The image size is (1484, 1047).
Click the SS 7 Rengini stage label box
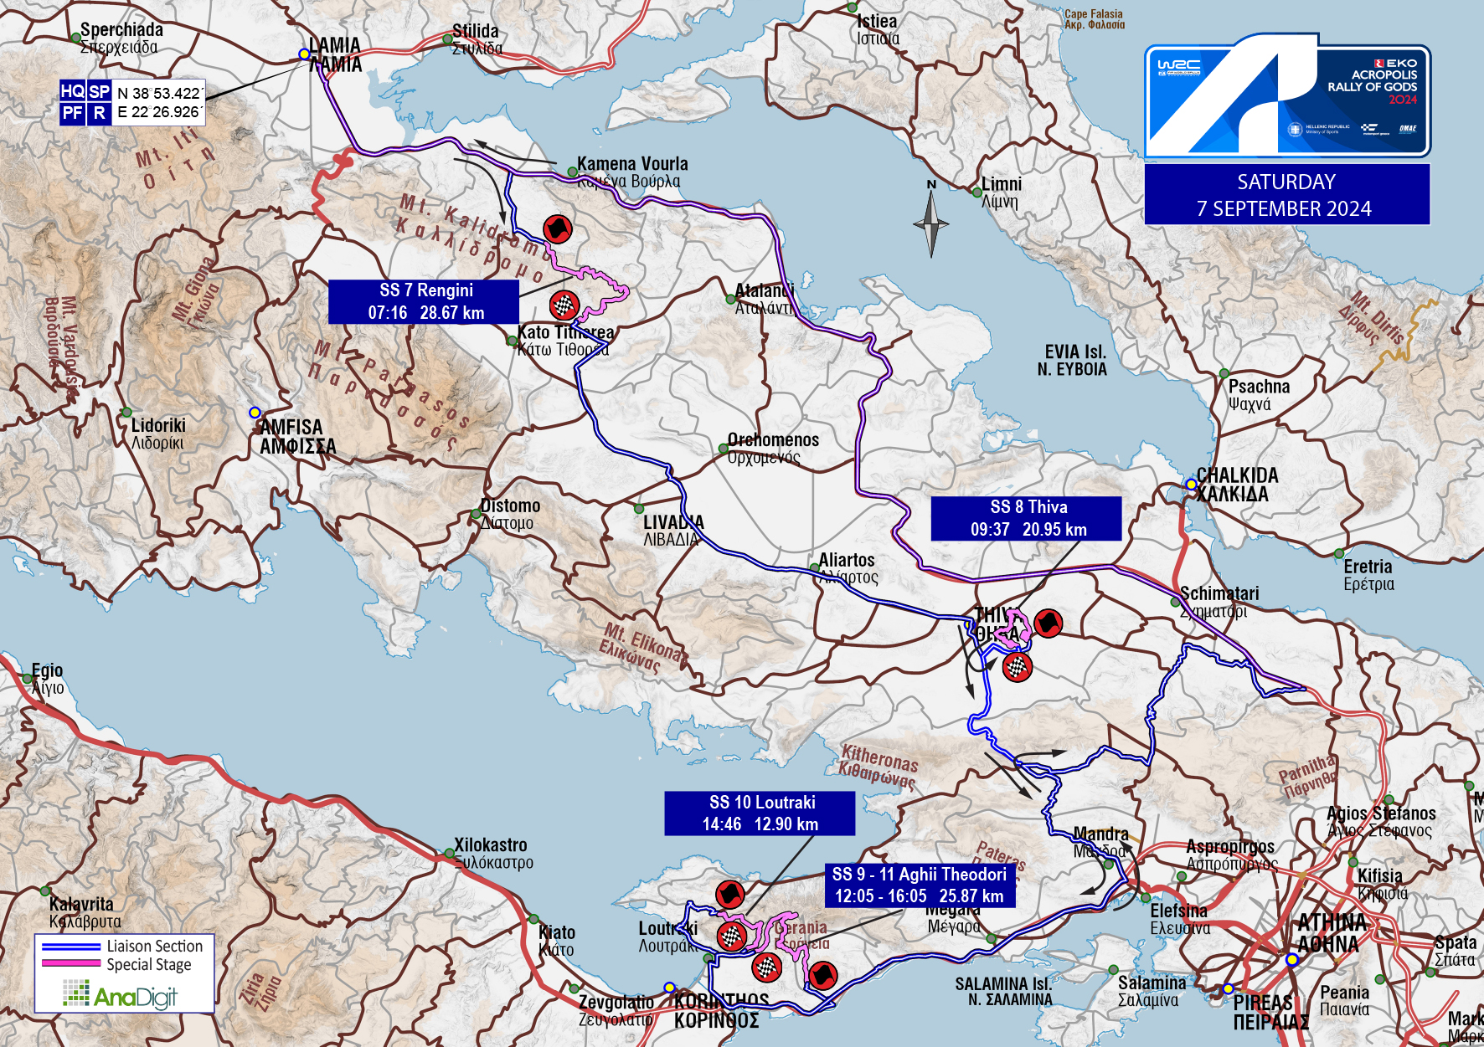pyautogui.click(x=424, y=301)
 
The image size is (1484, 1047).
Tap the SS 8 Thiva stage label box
pyautogui.click(x=1026, y=518)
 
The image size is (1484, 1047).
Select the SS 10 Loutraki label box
pyautogui.click(x=760, y=813)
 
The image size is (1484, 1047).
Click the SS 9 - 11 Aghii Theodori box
pyautogui.click(x=920, y=885)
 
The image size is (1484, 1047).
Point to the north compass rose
pyautogui.click(x=930, y=222)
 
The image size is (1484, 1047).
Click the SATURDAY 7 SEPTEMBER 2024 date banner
pyautogui.click(x=1286, y=195)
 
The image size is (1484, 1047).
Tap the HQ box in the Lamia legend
pyautogui.click(x=72, y=91)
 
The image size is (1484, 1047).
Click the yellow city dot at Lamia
pyautogui.click(x=304, y=54)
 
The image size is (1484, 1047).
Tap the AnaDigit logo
pyautogui.click(x=121, y=995)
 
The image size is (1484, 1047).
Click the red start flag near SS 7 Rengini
pyautogui.click(x=557, y=228)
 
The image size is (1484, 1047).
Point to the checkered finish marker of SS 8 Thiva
pyautogui.click(x=1017, y=667)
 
